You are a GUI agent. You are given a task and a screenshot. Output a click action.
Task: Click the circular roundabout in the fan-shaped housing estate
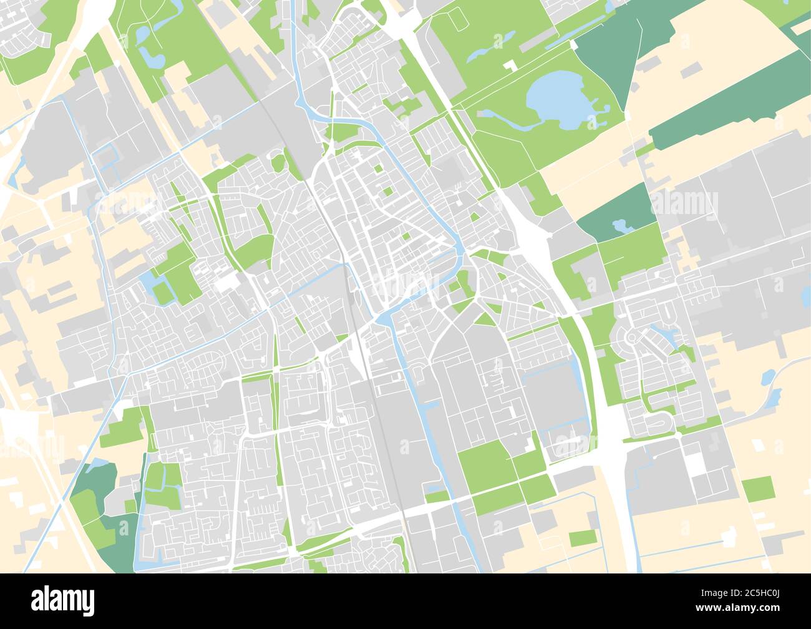click(631, 338)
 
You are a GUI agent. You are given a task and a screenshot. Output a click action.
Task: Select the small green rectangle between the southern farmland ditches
click(582, 537)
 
